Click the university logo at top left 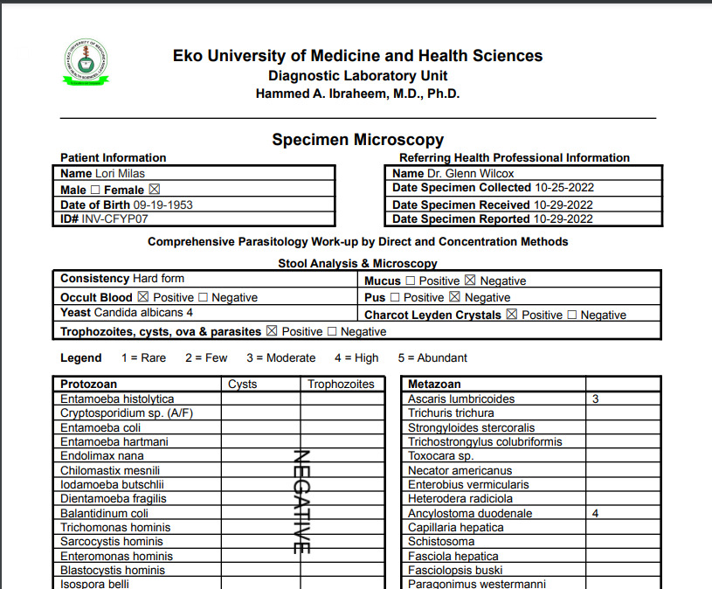tap(85, 62)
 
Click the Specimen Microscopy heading tap(357, 140)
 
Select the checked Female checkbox tap(155, 190)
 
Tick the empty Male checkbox tap(95, 190)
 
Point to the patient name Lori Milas tap(120, 174)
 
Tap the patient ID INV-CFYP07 tap(114, 219)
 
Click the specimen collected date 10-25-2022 tap(563, 188)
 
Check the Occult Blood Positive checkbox tap(143, 297)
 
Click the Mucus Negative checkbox tap(470, 281)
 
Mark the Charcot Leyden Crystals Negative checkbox tap(572, 315)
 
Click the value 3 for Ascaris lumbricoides tap(595, 399)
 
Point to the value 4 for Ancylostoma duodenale tap(595, 514)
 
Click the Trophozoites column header tap(341, 385)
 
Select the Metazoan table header tap(434, 385)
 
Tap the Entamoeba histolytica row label tap(117, 399)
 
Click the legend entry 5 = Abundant tap(432, 357)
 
